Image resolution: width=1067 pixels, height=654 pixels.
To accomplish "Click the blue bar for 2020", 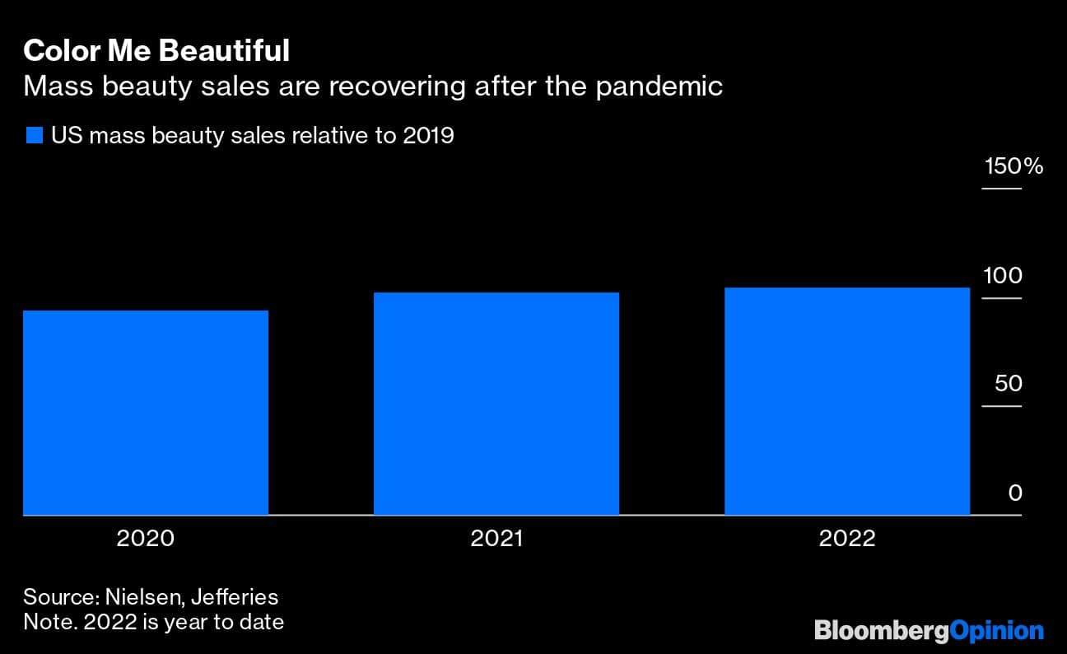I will coord(146,413).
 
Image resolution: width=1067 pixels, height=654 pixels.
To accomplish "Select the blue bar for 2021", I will coord(496,404).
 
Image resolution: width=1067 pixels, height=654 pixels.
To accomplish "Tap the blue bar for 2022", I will coord(846,401).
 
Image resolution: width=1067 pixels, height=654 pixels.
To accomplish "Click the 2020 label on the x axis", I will coord(146,539).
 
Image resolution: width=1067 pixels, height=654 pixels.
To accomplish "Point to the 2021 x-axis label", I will coord(496,539).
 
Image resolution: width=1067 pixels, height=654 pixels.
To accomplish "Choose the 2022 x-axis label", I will coord(847,539).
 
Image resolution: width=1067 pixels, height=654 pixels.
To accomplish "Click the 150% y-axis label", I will coord(1013,166).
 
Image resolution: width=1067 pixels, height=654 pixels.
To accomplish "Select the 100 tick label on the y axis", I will coord(1002,276).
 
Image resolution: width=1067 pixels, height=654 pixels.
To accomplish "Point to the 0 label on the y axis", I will coord(1015,493).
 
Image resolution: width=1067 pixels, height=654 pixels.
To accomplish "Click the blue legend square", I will coord(34,136).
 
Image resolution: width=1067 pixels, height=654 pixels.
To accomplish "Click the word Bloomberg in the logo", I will coord(881,631).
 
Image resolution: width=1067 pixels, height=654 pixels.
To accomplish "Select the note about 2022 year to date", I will coord(153,621).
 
